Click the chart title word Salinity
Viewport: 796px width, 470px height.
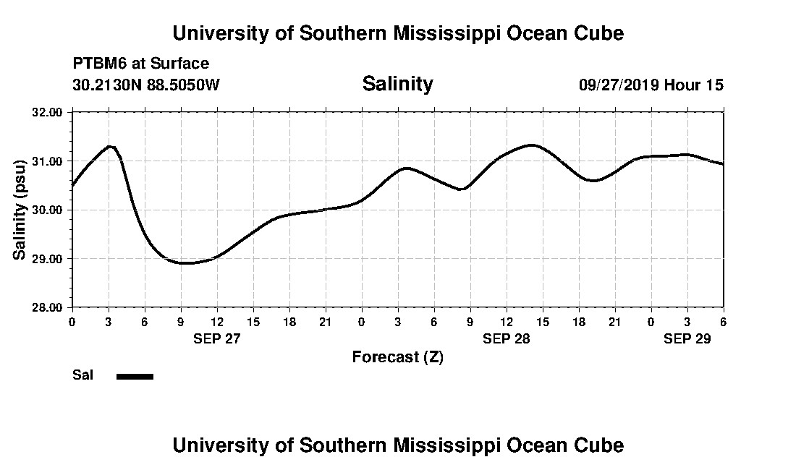tap(397, 84)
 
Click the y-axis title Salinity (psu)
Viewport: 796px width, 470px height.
tap(20, 210)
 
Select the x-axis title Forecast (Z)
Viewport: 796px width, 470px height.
tap(397, 356)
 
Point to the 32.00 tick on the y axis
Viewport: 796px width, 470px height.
tap(48, 112)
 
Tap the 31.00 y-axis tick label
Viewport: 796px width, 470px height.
tap(48, 161)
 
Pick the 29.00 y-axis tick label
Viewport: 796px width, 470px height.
tap(48, 258)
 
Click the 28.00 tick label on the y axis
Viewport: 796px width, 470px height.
tap(48, 307)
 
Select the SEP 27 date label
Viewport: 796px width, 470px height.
tap(216, 338)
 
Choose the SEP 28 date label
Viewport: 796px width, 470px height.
tap(507, 338)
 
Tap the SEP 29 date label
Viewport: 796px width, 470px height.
tap(687, 338)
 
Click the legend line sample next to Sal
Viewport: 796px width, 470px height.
tap(135, 376)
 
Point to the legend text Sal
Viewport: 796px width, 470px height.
tap(82, 375)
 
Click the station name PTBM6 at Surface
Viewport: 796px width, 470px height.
tap(141, 64)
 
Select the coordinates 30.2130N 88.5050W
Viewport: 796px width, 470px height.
tap(145, 85)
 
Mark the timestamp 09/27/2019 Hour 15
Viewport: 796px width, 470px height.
tap(651, 85)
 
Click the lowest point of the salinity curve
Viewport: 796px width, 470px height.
tap(185, 263)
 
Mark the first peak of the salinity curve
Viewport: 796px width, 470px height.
tap(110, 146)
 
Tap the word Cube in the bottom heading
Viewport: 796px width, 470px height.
tap(601, 445)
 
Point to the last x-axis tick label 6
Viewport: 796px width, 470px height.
tap(723, 322)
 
